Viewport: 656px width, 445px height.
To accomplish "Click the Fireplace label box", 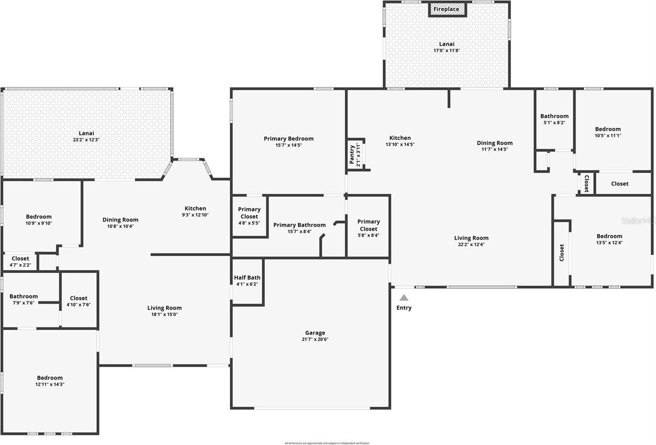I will (446, 9).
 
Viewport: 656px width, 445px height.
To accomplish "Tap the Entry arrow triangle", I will (404, 298).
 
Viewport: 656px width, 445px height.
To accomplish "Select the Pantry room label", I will (352, 154).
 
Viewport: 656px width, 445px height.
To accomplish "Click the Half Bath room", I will (247, 281).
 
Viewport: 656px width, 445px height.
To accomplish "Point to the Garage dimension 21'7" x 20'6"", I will (315, 339).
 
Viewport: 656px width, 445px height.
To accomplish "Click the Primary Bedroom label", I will (289, 139).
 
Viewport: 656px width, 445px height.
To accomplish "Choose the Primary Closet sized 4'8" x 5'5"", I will (249, 216).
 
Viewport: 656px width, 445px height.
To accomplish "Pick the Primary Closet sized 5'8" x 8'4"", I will (368, 228).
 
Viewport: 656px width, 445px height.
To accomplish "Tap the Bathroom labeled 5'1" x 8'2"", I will (554, 119).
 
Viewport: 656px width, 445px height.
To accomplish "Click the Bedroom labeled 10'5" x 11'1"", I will (608, 132).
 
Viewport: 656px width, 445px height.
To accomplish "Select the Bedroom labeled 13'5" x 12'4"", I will (609, 239).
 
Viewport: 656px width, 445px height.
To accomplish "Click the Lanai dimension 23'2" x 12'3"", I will (86, 140).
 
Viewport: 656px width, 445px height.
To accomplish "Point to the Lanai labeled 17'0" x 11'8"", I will (447, 47).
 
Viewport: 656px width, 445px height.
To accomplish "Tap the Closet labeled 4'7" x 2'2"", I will (20, 262).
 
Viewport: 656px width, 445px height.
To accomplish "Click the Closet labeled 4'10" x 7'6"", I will (78, 301).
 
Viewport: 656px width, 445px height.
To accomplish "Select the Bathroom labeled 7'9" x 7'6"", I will (24, 299).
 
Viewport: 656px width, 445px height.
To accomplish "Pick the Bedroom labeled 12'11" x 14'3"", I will (50, 381).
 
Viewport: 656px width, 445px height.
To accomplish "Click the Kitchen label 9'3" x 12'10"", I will (195, 211).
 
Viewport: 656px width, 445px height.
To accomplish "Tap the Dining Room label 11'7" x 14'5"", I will (495, 146).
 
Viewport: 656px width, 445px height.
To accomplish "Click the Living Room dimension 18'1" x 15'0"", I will (164, 314).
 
